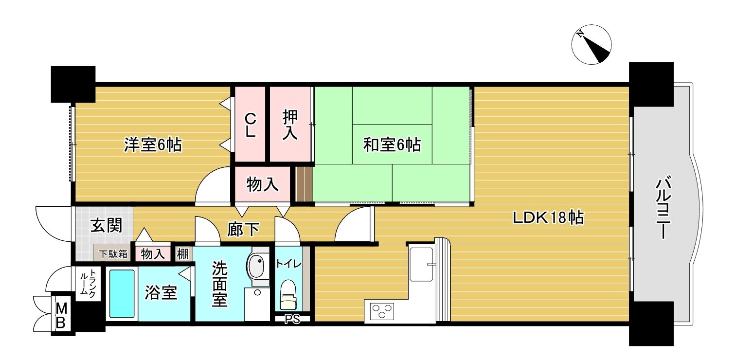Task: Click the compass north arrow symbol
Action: (592, 44)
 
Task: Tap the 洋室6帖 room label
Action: (153, 144)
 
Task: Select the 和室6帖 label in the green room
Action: (392, 144)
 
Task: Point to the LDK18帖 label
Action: (548, 217)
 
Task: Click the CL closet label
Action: (251, 125)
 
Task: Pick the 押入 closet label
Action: (290, 125)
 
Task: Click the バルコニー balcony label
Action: (663, 208)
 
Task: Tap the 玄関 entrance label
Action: (106, 225)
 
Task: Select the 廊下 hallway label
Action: (243, 230)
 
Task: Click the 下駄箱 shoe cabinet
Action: (113, 253)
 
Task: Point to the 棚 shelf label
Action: (183, 253)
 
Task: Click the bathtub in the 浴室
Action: (122, 294)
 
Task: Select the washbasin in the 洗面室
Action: (258, 266)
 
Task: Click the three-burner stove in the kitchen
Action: (382, 311)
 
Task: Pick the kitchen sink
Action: (421, 264)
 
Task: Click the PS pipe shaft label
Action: (292, 319)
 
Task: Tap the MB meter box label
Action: (61, 316)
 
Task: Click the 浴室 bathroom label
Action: (161, 293)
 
